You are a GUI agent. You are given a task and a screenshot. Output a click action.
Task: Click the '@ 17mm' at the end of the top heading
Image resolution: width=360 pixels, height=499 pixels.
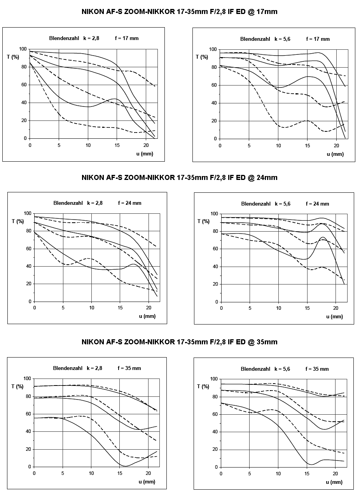262,12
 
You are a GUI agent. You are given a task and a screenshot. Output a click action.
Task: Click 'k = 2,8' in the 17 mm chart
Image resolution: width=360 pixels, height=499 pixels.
91,38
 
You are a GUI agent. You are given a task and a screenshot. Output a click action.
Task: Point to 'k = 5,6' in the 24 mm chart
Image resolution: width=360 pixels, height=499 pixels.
283,204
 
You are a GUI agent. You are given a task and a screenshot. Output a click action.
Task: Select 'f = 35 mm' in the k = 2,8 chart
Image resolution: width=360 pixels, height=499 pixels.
129,368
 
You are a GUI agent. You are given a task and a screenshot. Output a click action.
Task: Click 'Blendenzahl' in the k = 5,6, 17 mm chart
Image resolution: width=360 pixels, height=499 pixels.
255,39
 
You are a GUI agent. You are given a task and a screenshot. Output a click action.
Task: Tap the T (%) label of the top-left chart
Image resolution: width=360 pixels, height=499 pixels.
13,57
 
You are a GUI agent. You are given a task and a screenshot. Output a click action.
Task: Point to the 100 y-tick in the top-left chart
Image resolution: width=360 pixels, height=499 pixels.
23,49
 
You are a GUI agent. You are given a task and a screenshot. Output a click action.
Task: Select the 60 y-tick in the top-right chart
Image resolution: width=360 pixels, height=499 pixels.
214,85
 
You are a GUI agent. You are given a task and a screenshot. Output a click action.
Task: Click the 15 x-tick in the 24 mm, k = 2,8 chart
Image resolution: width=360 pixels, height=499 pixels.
120,308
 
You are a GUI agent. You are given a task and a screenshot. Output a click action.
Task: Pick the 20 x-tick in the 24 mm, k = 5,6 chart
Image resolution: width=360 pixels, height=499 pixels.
336,308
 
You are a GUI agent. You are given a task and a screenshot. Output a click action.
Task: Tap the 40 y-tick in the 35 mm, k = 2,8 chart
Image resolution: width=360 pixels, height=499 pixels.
28,431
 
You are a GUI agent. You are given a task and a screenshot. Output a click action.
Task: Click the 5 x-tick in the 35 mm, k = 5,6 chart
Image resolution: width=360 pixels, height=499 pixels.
250,474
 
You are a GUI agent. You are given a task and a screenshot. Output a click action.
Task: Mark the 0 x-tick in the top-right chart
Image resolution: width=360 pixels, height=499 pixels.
220,146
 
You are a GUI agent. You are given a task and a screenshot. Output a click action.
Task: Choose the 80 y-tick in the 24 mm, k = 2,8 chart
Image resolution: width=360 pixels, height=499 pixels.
28,231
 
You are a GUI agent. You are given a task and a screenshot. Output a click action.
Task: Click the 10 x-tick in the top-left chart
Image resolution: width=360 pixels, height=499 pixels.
88,145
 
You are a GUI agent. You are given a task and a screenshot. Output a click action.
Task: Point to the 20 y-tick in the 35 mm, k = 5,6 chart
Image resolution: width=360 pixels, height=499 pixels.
215,449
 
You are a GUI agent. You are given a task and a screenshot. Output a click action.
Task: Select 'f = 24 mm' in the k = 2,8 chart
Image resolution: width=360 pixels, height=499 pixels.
130,203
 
